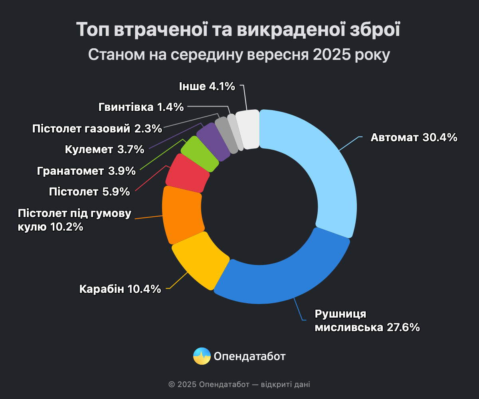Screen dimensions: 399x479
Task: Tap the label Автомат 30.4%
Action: click(414, 138)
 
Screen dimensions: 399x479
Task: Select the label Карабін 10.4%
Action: click(120, 288)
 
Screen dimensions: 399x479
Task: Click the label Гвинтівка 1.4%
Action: click(141, 107)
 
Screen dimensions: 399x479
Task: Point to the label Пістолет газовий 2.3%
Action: click(97, 128)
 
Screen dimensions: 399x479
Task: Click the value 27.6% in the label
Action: click(403, 328)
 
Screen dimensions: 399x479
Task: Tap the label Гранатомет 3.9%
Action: click(86, 171)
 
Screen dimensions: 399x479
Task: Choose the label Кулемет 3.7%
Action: click(104, 150)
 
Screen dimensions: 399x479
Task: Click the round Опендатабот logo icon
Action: click(202, 356)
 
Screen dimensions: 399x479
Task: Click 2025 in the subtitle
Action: click(331, 55)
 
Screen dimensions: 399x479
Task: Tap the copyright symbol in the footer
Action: click(172, 385)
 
